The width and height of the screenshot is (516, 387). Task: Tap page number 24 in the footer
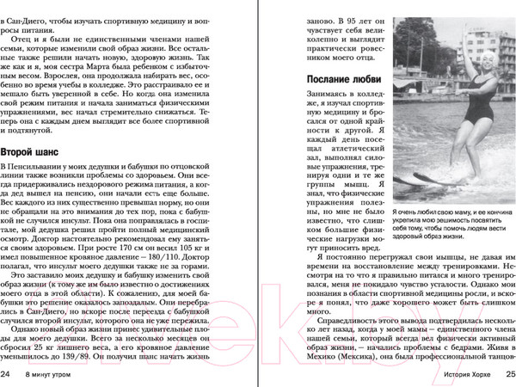(7, 374)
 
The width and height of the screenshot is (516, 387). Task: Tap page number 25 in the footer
(507, 374)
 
